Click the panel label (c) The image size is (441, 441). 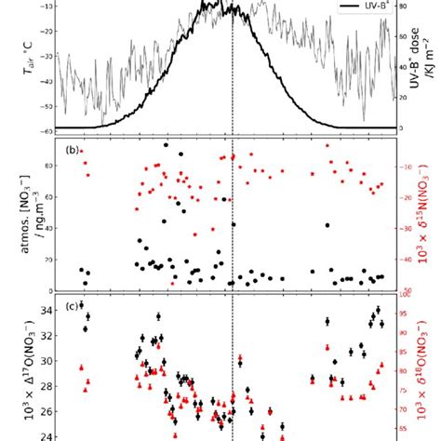pos(70,307)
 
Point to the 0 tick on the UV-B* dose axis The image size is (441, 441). pos(402,127)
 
